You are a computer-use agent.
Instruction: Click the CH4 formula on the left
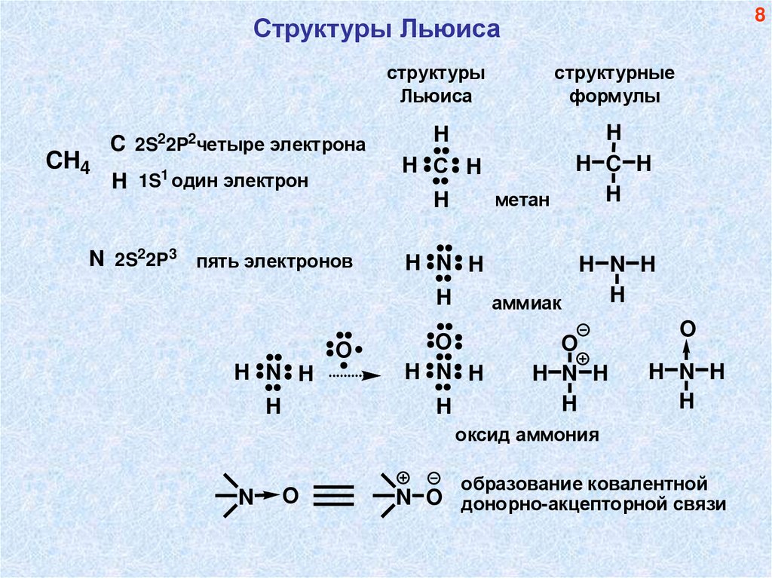pyautogui.click(x=68, y=162)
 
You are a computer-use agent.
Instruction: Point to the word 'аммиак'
pyautogui.click(x=528, y=303)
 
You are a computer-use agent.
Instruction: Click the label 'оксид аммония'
pyautogui.click(x=527, y=435)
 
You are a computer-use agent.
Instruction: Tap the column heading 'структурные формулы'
pyautogui.click(x=614, y=86)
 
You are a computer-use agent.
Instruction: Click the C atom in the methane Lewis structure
pyautogui.click(x=441, y=166)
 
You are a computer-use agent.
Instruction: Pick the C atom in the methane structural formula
pyautogui.click(x=614, y=163)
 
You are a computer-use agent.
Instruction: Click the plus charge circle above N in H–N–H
pyautogui.click(x=582, y=359)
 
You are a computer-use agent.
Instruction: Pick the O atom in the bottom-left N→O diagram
pyautogui.click(x=291, y=495)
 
